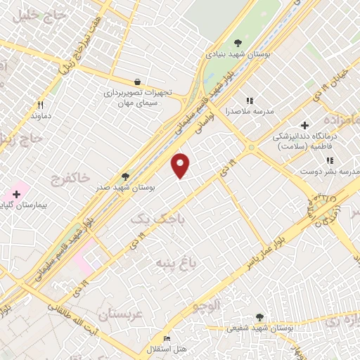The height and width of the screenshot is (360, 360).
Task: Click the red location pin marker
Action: [x=181, y=165]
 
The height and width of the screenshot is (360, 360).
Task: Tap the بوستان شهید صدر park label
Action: [x=127, y=188]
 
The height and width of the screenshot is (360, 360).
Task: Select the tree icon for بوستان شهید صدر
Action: [x=126, y=176]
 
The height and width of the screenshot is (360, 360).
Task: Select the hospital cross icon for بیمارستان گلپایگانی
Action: [x=17, y=193]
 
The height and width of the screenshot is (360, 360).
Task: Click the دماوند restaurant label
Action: [x=37, y=114]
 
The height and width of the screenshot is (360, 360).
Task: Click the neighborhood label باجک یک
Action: [x=150, y=219]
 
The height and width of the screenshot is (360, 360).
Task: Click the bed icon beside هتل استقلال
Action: [x=167, y=339]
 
